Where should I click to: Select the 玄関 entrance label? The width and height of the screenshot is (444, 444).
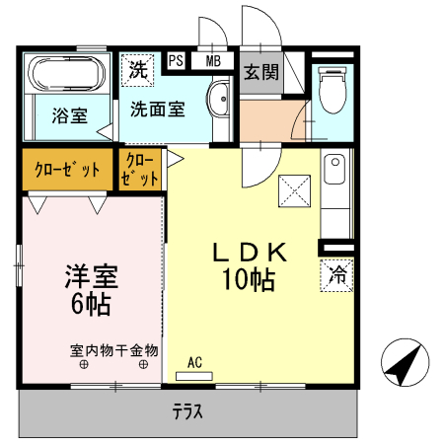pos(259,71)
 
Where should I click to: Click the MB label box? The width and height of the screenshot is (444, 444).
pos(212,61)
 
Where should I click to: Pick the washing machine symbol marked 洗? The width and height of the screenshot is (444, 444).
pos(136,70)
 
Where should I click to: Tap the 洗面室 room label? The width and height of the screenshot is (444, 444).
pos(158,110)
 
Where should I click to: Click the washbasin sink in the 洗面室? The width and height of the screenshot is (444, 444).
pos(219,99)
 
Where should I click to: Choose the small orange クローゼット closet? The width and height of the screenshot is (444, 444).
pos(139,170)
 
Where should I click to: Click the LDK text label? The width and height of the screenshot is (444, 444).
pos(250,253)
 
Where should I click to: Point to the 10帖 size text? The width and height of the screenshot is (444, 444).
pos(249,280)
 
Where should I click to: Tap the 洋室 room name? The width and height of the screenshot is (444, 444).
pos(90,273)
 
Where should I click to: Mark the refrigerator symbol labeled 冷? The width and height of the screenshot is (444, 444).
pos(337,273)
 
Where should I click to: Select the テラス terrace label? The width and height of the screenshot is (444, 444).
pos(187,411)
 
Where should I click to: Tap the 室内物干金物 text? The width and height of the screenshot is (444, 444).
pos(114,350)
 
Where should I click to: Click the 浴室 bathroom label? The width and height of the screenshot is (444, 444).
pos(68,115)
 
